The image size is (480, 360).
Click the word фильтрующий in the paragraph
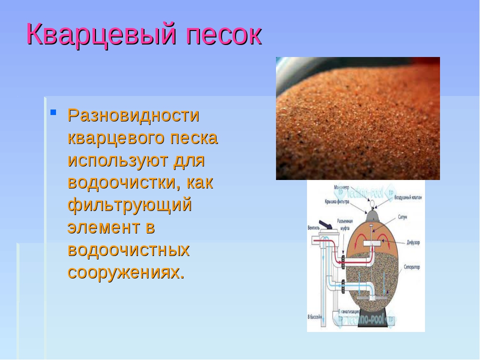click(129, 205)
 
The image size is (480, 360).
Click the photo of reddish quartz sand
click(357, 118)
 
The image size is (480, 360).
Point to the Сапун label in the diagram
click(403, 218)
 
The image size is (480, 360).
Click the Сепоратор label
click(409, 267)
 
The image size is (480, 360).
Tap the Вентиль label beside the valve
click(314, 226)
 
